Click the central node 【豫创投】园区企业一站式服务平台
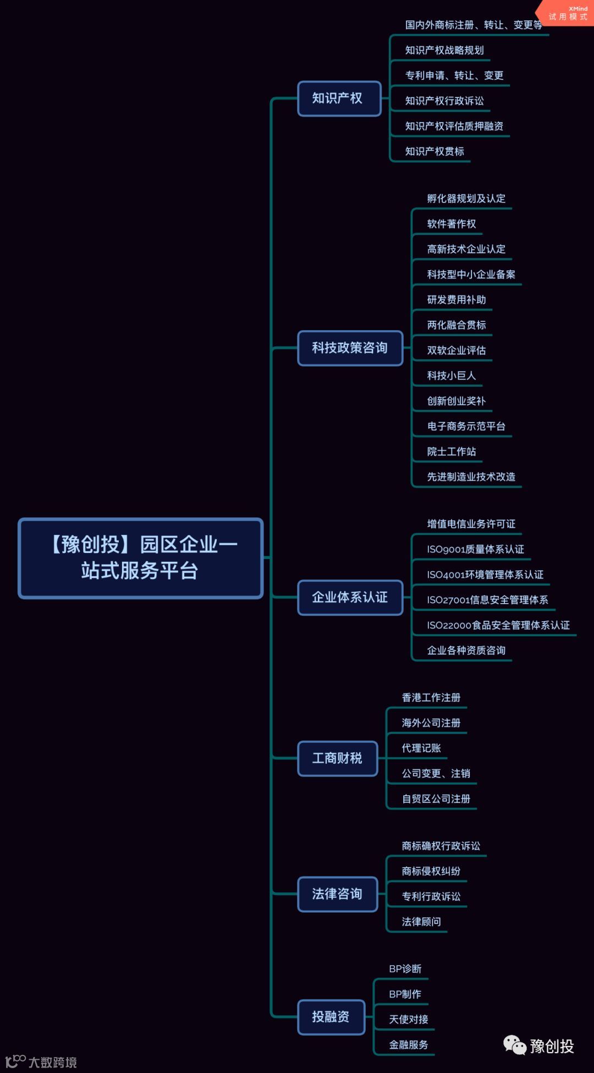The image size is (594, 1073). [x=141, y=558]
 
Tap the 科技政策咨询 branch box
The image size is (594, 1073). [x=350, y=348]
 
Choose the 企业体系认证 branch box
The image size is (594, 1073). [x=350, y=597]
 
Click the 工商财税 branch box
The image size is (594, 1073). [x=337, y=758]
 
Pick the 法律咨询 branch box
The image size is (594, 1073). [x=337, y=894]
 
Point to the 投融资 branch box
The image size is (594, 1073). [x=331, y=1016]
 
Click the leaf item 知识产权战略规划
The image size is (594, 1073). [x=444, y=51]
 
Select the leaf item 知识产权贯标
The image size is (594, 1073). [x=435, y=152]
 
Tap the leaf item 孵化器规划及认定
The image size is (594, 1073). [x=466, y=199]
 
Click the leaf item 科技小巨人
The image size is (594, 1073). [x=452, y=376]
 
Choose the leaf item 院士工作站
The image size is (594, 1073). [x=452, y=452]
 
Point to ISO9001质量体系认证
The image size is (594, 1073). [x=475, y=549]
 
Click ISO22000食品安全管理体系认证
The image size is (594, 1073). [x=498, y=625]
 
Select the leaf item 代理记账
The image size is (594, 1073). [x=421, y=748]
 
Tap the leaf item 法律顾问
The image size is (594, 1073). [x=421, y=922]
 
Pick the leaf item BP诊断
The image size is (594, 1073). [x=405, y=969]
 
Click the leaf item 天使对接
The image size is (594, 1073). [x=409, y=1020]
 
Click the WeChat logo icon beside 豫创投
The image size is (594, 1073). [x=515, y=1045]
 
